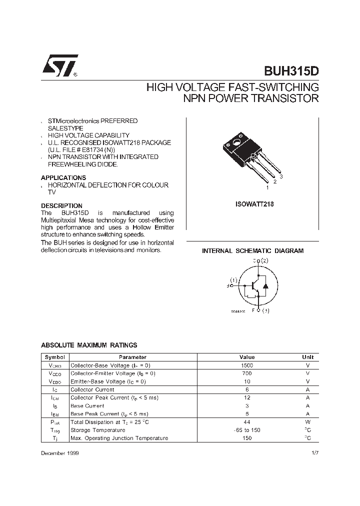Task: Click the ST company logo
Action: tap(59, 66)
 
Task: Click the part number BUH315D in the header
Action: tap(290, 71)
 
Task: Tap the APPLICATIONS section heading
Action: tap(63, 177)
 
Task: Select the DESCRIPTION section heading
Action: tap(61, 205)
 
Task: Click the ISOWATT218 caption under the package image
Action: tap(254, 204)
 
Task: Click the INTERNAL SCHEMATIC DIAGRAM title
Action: tap(252, 251)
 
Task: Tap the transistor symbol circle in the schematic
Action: tap(255, 285)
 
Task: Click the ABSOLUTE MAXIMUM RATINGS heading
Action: tap(89, 345)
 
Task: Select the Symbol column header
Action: tap(55, 357)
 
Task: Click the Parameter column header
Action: tap(132, 357)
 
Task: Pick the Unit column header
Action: tap(307, 357)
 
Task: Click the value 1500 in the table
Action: tap(247, 365)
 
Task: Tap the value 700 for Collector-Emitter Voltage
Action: tap(247, 373)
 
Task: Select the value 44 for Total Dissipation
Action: tap(247, 422)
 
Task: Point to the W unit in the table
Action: tap(307, 422)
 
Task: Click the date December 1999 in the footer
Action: tap(59, 452)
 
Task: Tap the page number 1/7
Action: tap(314, 452)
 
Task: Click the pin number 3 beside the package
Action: tap(281, 177)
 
